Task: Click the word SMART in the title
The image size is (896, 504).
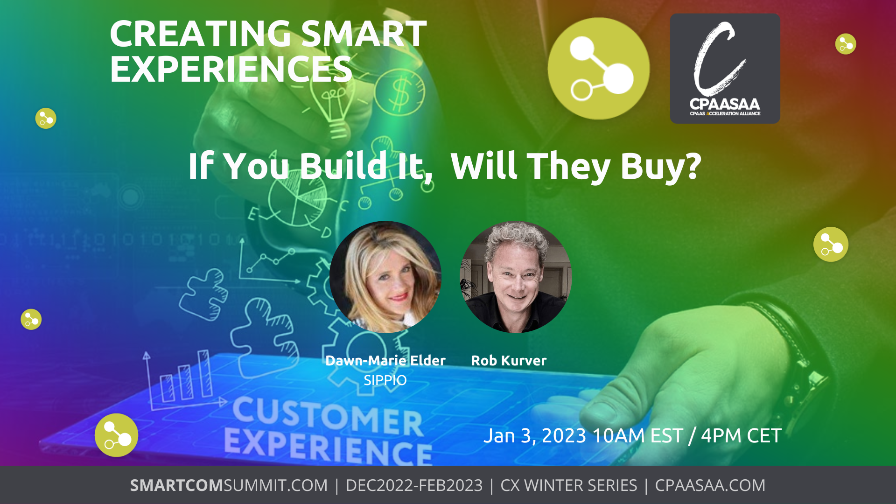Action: [364, 34]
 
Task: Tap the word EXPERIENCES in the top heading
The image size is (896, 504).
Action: [231, 69]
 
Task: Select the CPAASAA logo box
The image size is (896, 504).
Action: [725, 69]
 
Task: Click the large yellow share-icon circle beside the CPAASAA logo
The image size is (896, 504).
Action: [599, 69]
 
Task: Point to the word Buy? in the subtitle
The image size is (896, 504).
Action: [661, 167]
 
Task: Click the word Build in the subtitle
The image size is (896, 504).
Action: [343, 166]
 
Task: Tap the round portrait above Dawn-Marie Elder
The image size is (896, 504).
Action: [385, 277]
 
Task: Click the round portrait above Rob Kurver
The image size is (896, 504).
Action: [516, 277]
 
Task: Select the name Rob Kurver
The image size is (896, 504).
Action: [509, 360]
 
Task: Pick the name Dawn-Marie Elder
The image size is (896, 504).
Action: [385, 360]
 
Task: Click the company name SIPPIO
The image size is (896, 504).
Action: [385, 380]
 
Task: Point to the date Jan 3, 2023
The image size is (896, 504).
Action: [535, 436]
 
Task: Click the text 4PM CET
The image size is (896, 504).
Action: [741, 436]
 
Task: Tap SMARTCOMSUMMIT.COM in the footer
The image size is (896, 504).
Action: [229, 485]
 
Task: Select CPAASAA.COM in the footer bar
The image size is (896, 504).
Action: [710, 485]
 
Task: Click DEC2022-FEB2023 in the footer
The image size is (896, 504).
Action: [414, 485]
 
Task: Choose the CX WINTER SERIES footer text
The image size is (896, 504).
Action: [569, 485]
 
